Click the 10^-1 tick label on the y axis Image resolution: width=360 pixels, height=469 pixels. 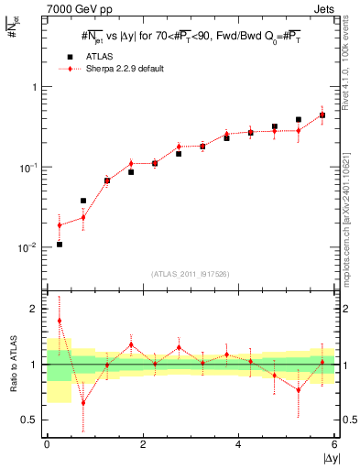coord(29,168)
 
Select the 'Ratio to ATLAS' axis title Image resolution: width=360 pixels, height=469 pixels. coord(13,365)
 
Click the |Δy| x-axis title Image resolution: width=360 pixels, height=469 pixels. coord(330,458)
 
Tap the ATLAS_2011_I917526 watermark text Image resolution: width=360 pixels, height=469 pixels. coord(191,275)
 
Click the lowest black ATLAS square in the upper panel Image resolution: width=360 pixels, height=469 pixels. coord(60,245)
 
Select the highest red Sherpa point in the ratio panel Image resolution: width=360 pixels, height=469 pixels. coord(60,321)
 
